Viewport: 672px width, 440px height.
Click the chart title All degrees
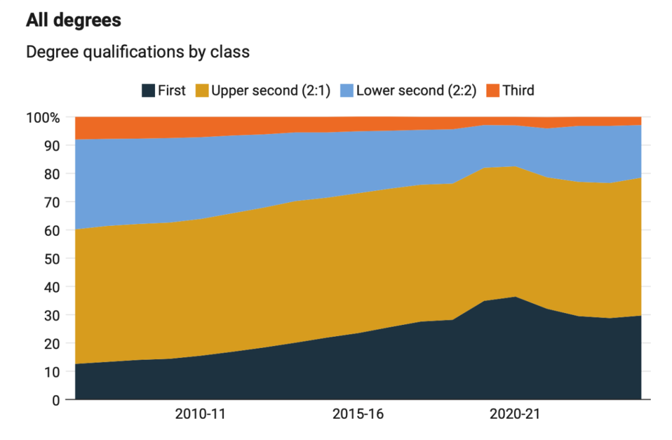coord(73,21)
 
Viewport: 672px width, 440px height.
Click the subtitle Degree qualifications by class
coord(138,52)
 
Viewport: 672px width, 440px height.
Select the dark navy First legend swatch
coord(148,91)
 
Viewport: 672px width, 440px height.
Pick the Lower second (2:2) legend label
coord(416,91)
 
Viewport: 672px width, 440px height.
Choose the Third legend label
coord(518,91)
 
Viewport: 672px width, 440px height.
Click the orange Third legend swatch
coord(493,91)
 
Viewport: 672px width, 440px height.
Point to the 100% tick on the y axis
coord(43,118)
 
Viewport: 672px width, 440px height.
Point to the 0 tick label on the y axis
coord(55,400)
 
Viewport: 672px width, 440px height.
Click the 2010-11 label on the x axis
coord(200,414)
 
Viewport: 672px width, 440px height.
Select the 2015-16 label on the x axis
coord(358,414)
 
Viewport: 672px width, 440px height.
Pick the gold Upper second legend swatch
coord(202,91)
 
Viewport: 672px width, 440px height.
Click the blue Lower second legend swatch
coord(347,91)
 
